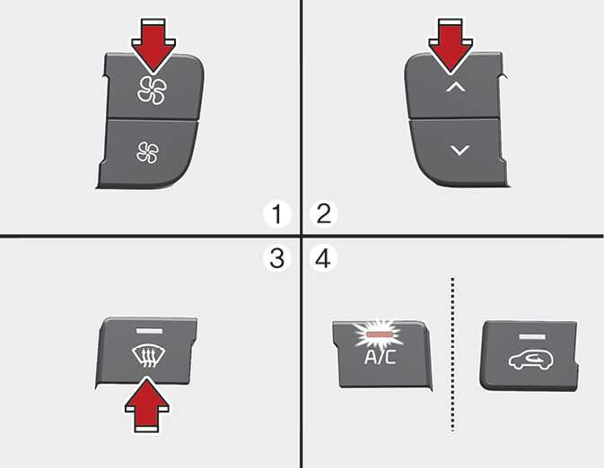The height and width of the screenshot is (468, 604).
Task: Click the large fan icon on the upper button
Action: point(153,91)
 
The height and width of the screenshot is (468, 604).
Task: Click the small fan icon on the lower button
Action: point(147,152)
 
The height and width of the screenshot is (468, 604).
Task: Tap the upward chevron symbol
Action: point(455,87)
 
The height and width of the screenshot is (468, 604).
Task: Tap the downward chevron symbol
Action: point(460,150)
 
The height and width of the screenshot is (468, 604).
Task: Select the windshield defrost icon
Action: point(148,357)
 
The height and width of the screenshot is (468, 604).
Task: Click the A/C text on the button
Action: point(380,357)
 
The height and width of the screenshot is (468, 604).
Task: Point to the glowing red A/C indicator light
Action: point(380,334)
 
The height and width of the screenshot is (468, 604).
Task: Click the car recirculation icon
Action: point(530,360)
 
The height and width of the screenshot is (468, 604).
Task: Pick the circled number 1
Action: point(277,214)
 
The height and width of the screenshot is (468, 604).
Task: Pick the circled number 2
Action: point(324,213)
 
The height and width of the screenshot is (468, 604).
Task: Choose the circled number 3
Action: point(277,258)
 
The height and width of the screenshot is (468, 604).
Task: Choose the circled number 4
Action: point(323,258)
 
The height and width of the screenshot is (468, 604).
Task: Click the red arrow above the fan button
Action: point(153,46)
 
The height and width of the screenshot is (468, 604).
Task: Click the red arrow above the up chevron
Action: point(451,46)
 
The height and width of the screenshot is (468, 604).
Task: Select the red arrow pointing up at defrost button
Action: point(147,404)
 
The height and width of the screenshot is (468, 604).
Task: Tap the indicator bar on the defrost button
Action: point(149,331)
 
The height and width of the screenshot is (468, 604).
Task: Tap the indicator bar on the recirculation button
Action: point(532,337)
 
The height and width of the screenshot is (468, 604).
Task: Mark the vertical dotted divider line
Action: point(452,354)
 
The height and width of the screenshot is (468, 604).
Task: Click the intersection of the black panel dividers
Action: point(302,235)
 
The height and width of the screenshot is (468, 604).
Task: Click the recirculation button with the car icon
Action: point(530,356)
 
